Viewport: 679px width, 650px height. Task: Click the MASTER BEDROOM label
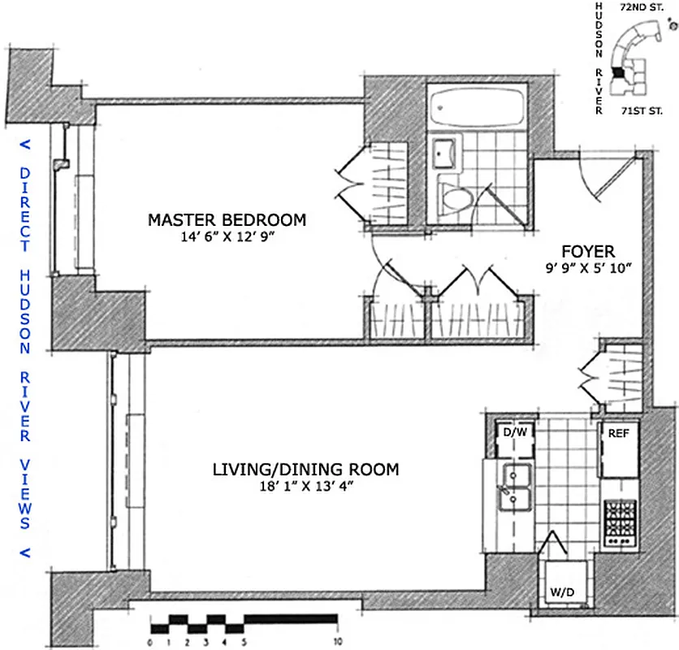(227, 219)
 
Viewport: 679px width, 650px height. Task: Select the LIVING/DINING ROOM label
(305, 470)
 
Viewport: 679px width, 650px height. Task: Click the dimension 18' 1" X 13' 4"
(305, 487)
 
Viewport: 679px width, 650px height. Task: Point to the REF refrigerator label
(620, 433)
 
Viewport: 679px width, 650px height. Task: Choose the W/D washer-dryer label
(562, 592)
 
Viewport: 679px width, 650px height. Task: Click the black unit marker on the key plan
(621, 72)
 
